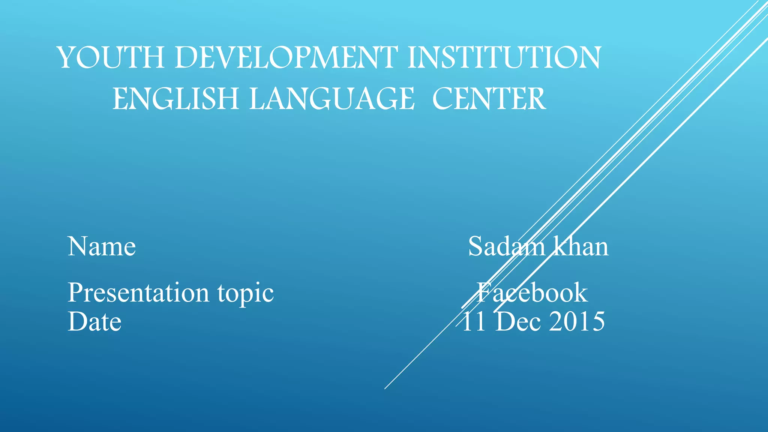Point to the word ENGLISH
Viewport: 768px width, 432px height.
pos(176,99)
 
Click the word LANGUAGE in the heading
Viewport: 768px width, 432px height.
pos(332,99)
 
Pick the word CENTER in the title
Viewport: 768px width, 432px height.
pos(489,99)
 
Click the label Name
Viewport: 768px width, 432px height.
pos(102,247)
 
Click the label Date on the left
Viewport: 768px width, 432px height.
pos(94,322)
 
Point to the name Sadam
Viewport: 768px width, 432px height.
pos(507,247)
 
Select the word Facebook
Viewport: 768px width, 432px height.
pos(532,292)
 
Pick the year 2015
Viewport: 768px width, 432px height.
pos(577,322)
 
